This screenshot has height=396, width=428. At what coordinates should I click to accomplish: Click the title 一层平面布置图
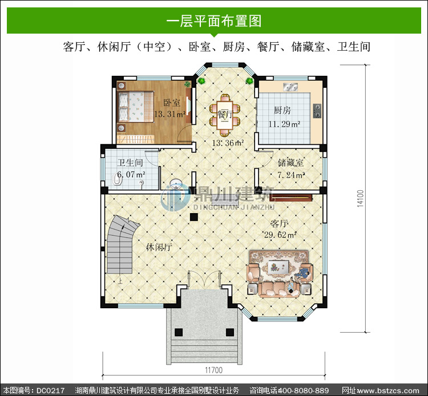(x=214, y=21)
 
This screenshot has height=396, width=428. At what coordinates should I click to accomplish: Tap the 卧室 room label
(x=172, y=103)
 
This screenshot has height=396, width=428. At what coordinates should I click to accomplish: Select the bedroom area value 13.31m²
(x=170, y=114)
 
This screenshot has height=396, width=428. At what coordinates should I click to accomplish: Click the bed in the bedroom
(x=136, y=107)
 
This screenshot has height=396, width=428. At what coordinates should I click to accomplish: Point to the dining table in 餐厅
(x=225, y=115)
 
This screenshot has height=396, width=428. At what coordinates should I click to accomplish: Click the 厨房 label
(x=282, y=111)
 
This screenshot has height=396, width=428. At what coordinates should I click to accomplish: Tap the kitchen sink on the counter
(x=290, y=87)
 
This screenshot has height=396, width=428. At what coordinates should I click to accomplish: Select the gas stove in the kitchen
(x=317, y=111)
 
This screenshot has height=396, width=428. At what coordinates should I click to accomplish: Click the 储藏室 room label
(x=290, y=163)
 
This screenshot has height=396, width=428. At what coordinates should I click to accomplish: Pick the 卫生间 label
(x=130, y=163)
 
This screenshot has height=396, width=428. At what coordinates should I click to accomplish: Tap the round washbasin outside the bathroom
(x=176, y=183)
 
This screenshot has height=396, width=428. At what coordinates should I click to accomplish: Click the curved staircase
(x=122, y=244)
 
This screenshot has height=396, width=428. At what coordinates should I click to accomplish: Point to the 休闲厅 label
(x=159, y=247)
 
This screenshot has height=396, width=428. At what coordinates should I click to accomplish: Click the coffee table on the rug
(x=278, y=266)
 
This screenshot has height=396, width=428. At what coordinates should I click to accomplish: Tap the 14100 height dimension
(x=361, y=198)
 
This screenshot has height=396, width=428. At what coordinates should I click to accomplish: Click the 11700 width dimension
(x=214, y=370)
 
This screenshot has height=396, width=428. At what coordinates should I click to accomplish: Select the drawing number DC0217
(x=50, y=390)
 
